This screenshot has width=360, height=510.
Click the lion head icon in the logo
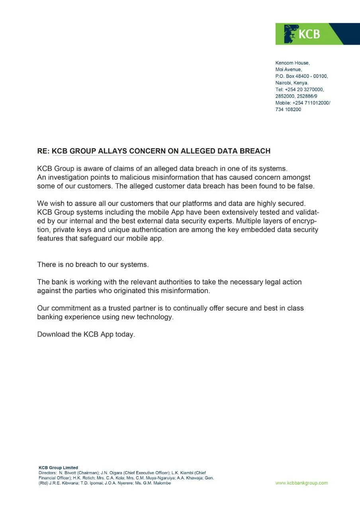click(291, 34)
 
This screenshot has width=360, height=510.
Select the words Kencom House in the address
click(292, 63)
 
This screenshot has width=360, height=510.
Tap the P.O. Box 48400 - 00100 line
click(301, 76)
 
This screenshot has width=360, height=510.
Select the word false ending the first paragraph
click(304, 186)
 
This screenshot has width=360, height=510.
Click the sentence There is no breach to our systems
click(93, 265)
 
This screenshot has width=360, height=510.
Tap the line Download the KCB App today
click(86, 335)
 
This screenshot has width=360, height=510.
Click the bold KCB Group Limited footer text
click(58, 468)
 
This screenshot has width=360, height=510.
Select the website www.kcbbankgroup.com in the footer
click(301, 483)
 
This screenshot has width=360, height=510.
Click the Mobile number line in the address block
click(303, 103)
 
